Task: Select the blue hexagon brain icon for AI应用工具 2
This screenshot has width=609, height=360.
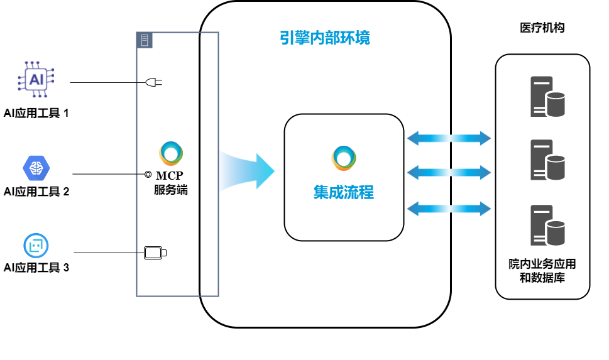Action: click(36, 167)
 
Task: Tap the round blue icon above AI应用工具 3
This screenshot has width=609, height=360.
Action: click(36, 246)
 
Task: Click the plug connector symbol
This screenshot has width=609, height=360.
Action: click(154, 82)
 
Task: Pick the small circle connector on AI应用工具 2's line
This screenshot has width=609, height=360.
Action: click(148, 174)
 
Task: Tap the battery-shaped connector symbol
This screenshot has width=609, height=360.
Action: click(155, 253)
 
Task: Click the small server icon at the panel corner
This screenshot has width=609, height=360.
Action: click(145, 40)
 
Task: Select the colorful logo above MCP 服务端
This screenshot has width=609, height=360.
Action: click(171, 155)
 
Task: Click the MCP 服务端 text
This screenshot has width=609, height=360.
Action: click(170, 183)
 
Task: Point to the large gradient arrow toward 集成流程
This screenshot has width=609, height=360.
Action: click(247, 170)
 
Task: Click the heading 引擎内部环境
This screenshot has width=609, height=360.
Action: click(325, 38)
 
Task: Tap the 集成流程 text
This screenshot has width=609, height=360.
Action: click(343, 192)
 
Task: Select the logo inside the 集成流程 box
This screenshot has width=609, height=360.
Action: click(344, 158)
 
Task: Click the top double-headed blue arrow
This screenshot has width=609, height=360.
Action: click(449, 138)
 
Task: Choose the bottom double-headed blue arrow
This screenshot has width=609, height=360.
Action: click(449, 209)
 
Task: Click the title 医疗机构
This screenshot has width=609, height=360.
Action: click(542, 28)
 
